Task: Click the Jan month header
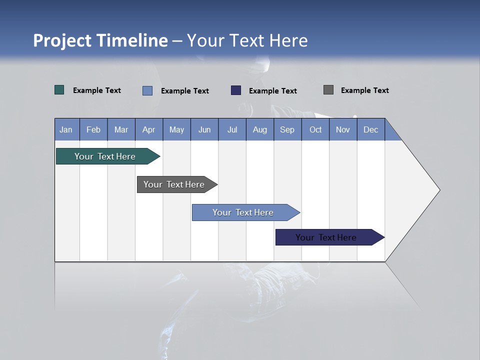[x=66, y=129]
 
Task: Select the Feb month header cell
[x=93, y=129]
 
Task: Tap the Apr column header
[x=148, y=129]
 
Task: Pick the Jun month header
[x=204, y=129]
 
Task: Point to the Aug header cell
[x=259, y=129]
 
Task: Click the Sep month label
[x=287, y=129]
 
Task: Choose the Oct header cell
[x=315, y=129]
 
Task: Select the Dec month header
[x=370, y=129]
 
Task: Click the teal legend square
[x=59, y=90]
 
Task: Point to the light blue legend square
[x=147, y=90]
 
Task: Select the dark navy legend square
[x=236, y=90]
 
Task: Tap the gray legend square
[x=328, y=90]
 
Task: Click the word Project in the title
[x=62, y=40]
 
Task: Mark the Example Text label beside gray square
[x=364, y=90]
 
